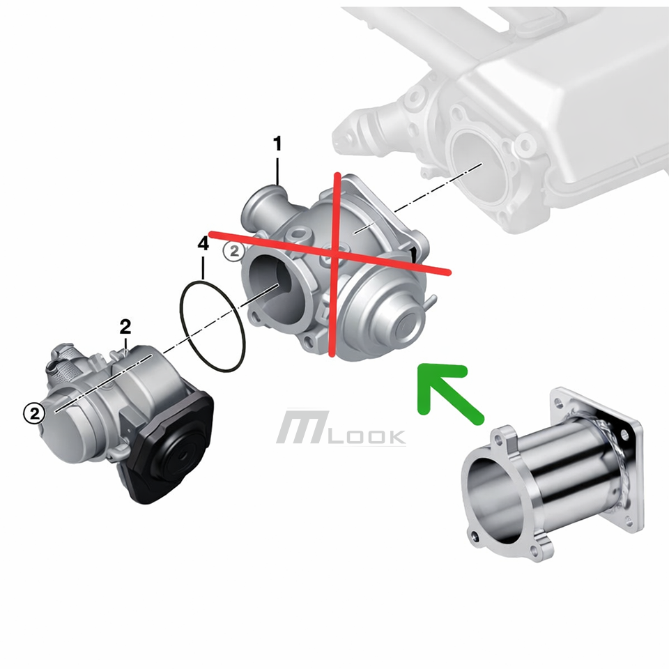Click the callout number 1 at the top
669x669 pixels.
click(277, 144)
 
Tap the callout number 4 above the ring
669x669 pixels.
click(203, 243)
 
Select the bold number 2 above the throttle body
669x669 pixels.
click(125, 327)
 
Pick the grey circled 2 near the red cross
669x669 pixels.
click(234, 252)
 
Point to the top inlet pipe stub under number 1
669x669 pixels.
click(266, 205)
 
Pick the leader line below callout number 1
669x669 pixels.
click(277, 171)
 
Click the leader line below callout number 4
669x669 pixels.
click(203, 268)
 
